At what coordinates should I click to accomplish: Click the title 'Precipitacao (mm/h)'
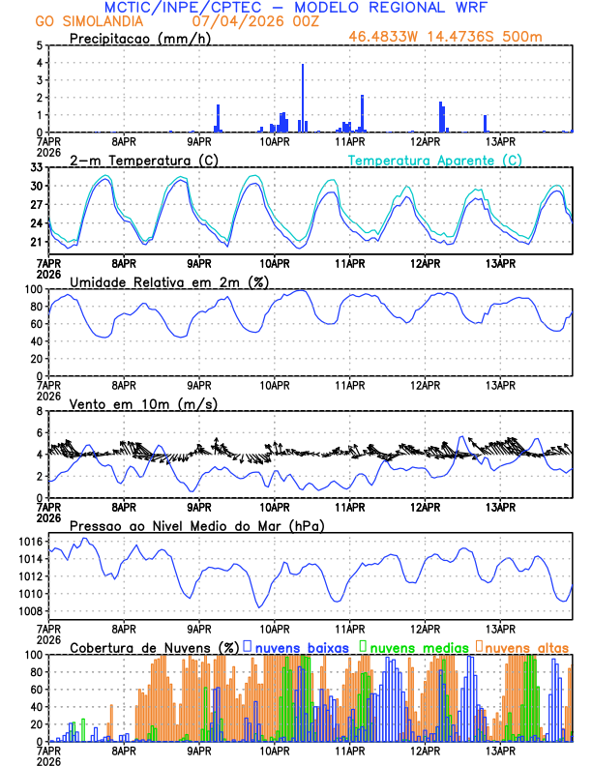135,38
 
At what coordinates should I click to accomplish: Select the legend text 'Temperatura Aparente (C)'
435,160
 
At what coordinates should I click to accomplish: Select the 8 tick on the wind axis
42,411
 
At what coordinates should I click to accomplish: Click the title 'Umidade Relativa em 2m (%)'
165,281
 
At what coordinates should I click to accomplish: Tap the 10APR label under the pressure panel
275,628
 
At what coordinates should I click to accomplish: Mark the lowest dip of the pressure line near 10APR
259,606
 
